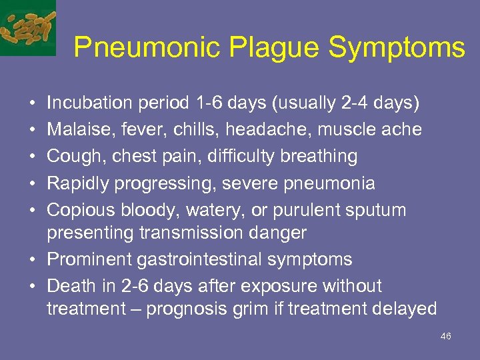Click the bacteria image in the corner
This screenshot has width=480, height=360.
point(28,27)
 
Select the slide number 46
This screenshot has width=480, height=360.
point(446,336)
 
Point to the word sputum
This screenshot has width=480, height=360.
point(376,209)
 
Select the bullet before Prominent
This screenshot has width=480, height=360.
point(33,259)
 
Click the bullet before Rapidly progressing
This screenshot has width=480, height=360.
point(33,183)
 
